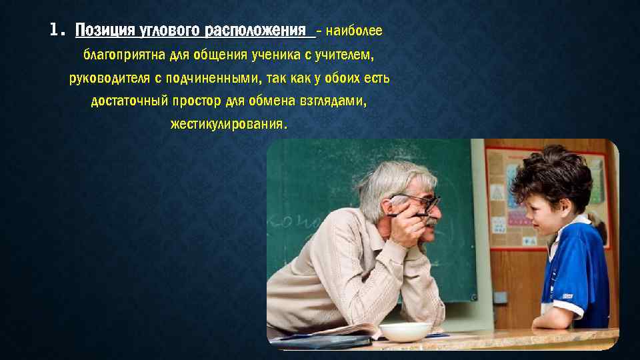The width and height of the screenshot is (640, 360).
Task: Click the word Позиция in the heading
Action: pos(103,31)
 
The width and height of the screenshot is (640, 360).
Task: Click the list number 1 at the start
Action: pos(56,31)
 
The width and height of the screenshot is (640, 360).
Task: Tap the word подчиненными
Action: pos(211,79)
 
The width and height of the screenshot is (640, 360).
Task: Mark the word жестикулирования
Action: pos(229,125)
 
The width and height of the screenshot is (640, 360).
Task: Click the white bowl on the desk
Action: pos(405,331)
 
